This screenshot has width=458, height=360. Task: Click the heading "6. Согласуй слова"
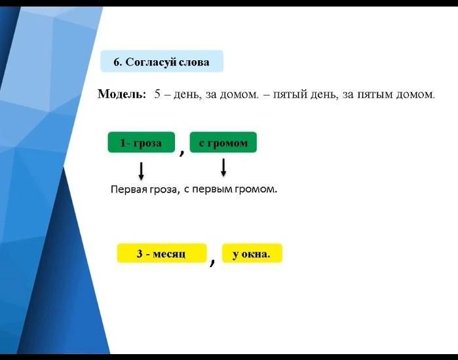[x=162, y=62]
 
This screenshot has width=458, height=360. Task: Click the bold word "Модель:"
[x=121, y=94]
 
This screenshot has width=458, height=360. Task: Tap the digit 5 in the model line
[x=157, y=94]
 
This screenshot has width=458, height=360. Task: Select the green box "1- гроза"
[x=142, y=143]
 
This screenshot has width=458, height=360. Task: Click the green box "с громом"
[x=223, y=143]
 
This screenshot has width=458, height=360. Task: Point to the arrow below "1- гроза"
[x=141, y=171]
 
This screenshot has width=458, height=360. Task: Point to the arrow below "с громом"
[x=223, y=168]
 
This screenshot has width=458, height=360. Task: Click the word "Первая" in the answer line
[x=129, y=189]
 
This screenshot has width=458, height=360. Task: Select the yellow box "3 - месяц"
[x=162, y=253]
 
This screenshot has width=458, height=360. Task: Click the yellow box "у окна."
[x=252, y=253]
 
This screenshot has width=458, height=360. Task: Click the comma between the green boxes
[x=182, y=152]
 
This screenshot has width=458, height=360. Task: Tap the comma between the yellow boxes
[x=213, y=262]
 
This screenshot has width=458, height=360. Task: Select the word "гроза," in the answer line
[x=164, y=190]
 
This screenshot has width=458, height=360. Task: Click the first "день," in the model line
[x=187, y=94]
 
